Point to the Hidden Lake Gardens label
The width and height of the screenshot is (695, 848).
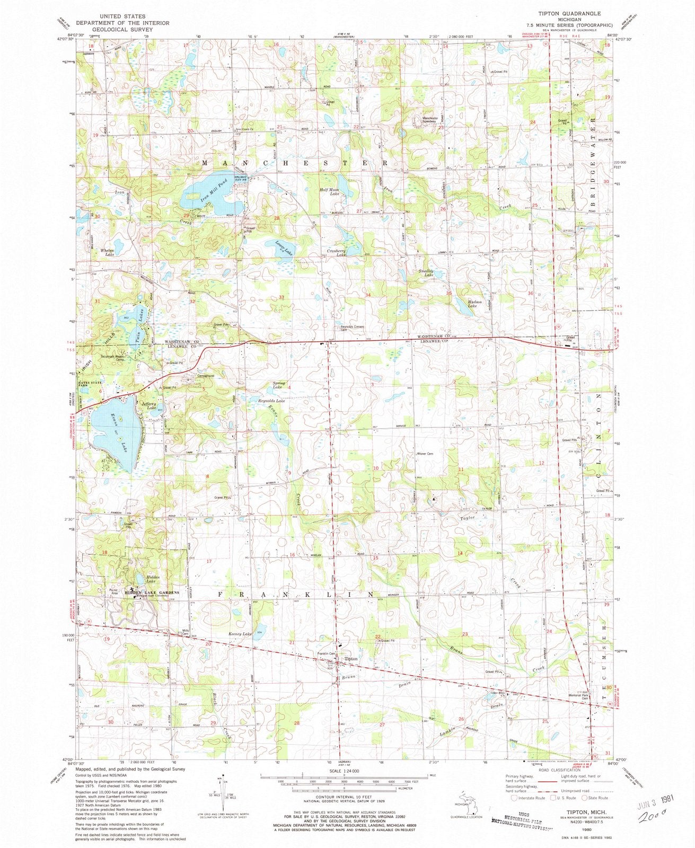click(x=152, y=593)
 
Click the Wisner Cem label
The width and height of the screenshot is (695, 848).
click(x=426, y=454)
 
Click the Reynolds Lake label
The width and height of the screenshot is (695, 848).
click(x=271, y=401)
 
